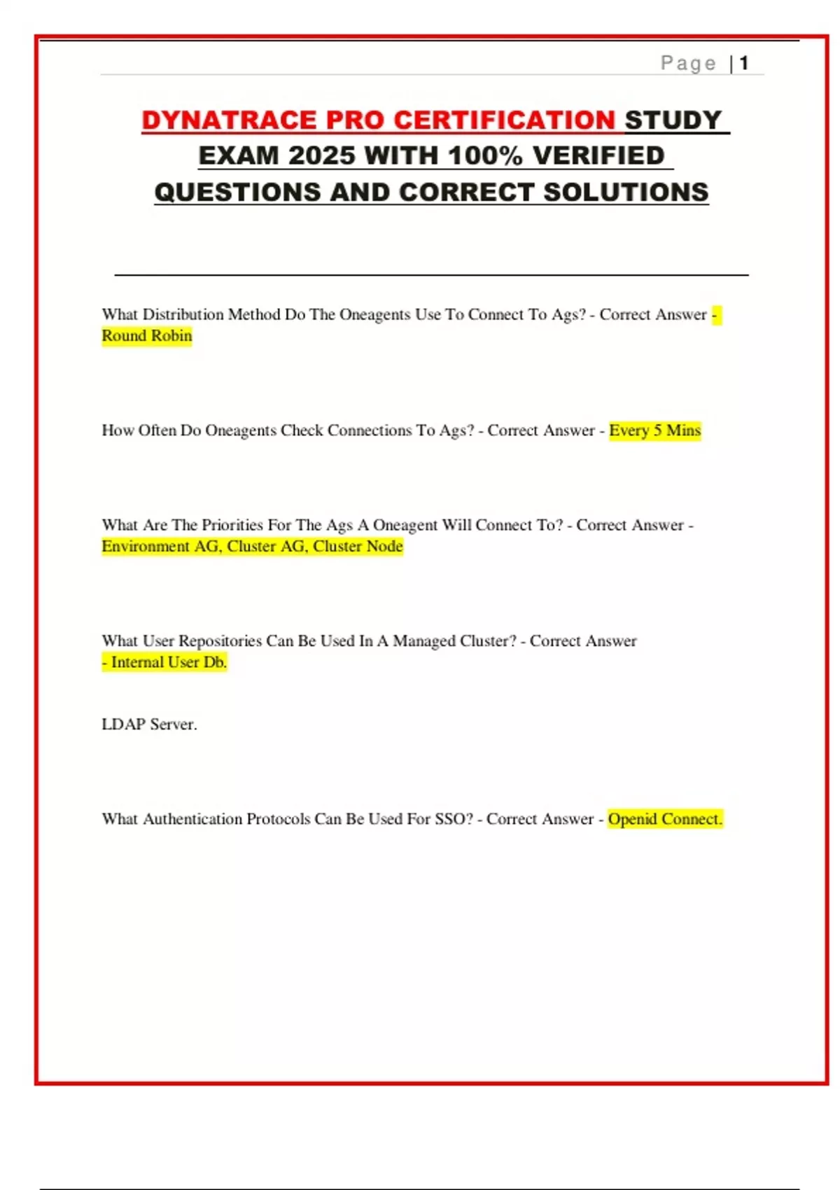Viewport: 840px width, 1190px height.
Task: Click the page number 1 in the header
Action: [x=744, y=63]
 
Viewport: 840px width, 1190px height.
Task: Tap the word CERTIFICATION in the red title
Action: [x=504, y=120]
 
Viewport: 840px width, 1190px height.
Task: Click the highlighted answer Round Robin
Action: [x=147, y=336]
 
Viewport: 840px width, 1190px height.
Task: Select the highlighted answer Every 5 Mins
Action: [x=654, y=430]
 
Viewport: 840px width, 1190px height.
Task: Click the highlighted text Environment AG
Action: [x=160, y=546]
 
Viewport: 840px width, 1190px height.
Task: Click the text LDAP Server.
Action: [x=149, y=724]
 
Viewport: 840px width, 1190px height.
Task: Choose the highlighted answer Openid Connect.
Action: [x=664, y=819]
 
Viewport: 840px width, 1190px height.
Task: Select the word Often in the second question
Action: [x=157, y=430]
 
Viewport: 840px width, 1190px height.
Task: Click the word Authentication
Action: [x=192, y=819]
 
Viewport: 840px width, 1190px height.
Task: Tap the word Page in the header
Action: [x=688, y=64]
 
